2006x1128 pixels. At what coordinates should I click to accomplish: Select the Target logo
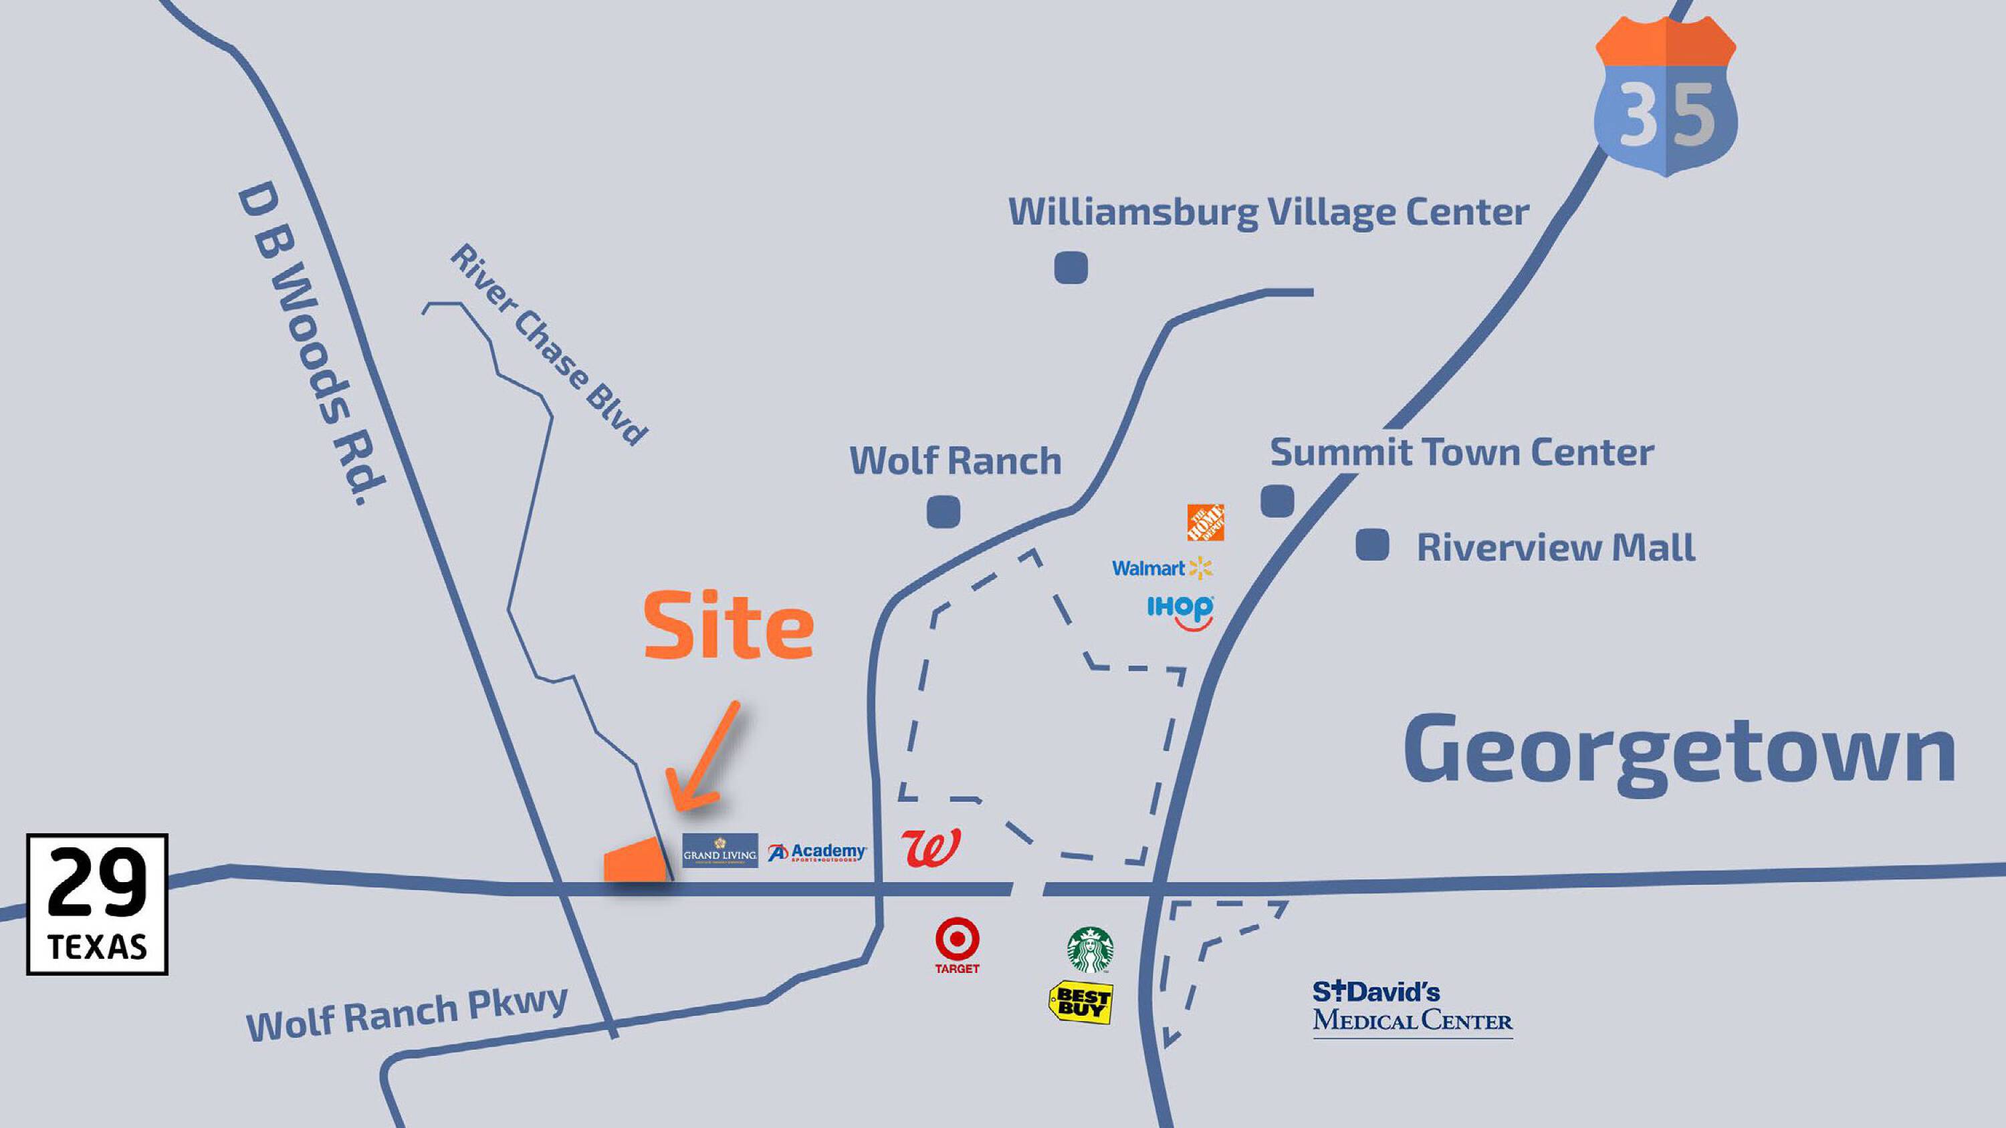957,945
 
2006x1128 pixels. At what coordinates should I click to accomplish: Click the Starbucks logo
1090,950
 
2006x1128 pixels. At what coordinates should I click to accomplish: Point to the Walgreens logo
931,847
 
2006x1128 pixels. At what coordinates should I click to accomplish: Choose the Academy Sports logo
817,853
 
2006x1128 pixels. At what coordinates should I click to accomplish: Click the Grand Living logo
719,851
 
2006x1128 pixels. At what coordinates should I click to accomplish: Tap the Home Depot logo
1205,523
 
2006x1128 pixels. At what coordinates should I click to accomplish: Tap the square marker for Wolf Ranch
943,511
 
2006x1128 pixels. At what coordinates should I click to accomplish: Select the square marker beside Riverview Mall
1372,544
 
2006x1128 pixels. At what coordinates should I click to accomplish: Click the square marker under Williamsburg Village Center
1071,269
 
